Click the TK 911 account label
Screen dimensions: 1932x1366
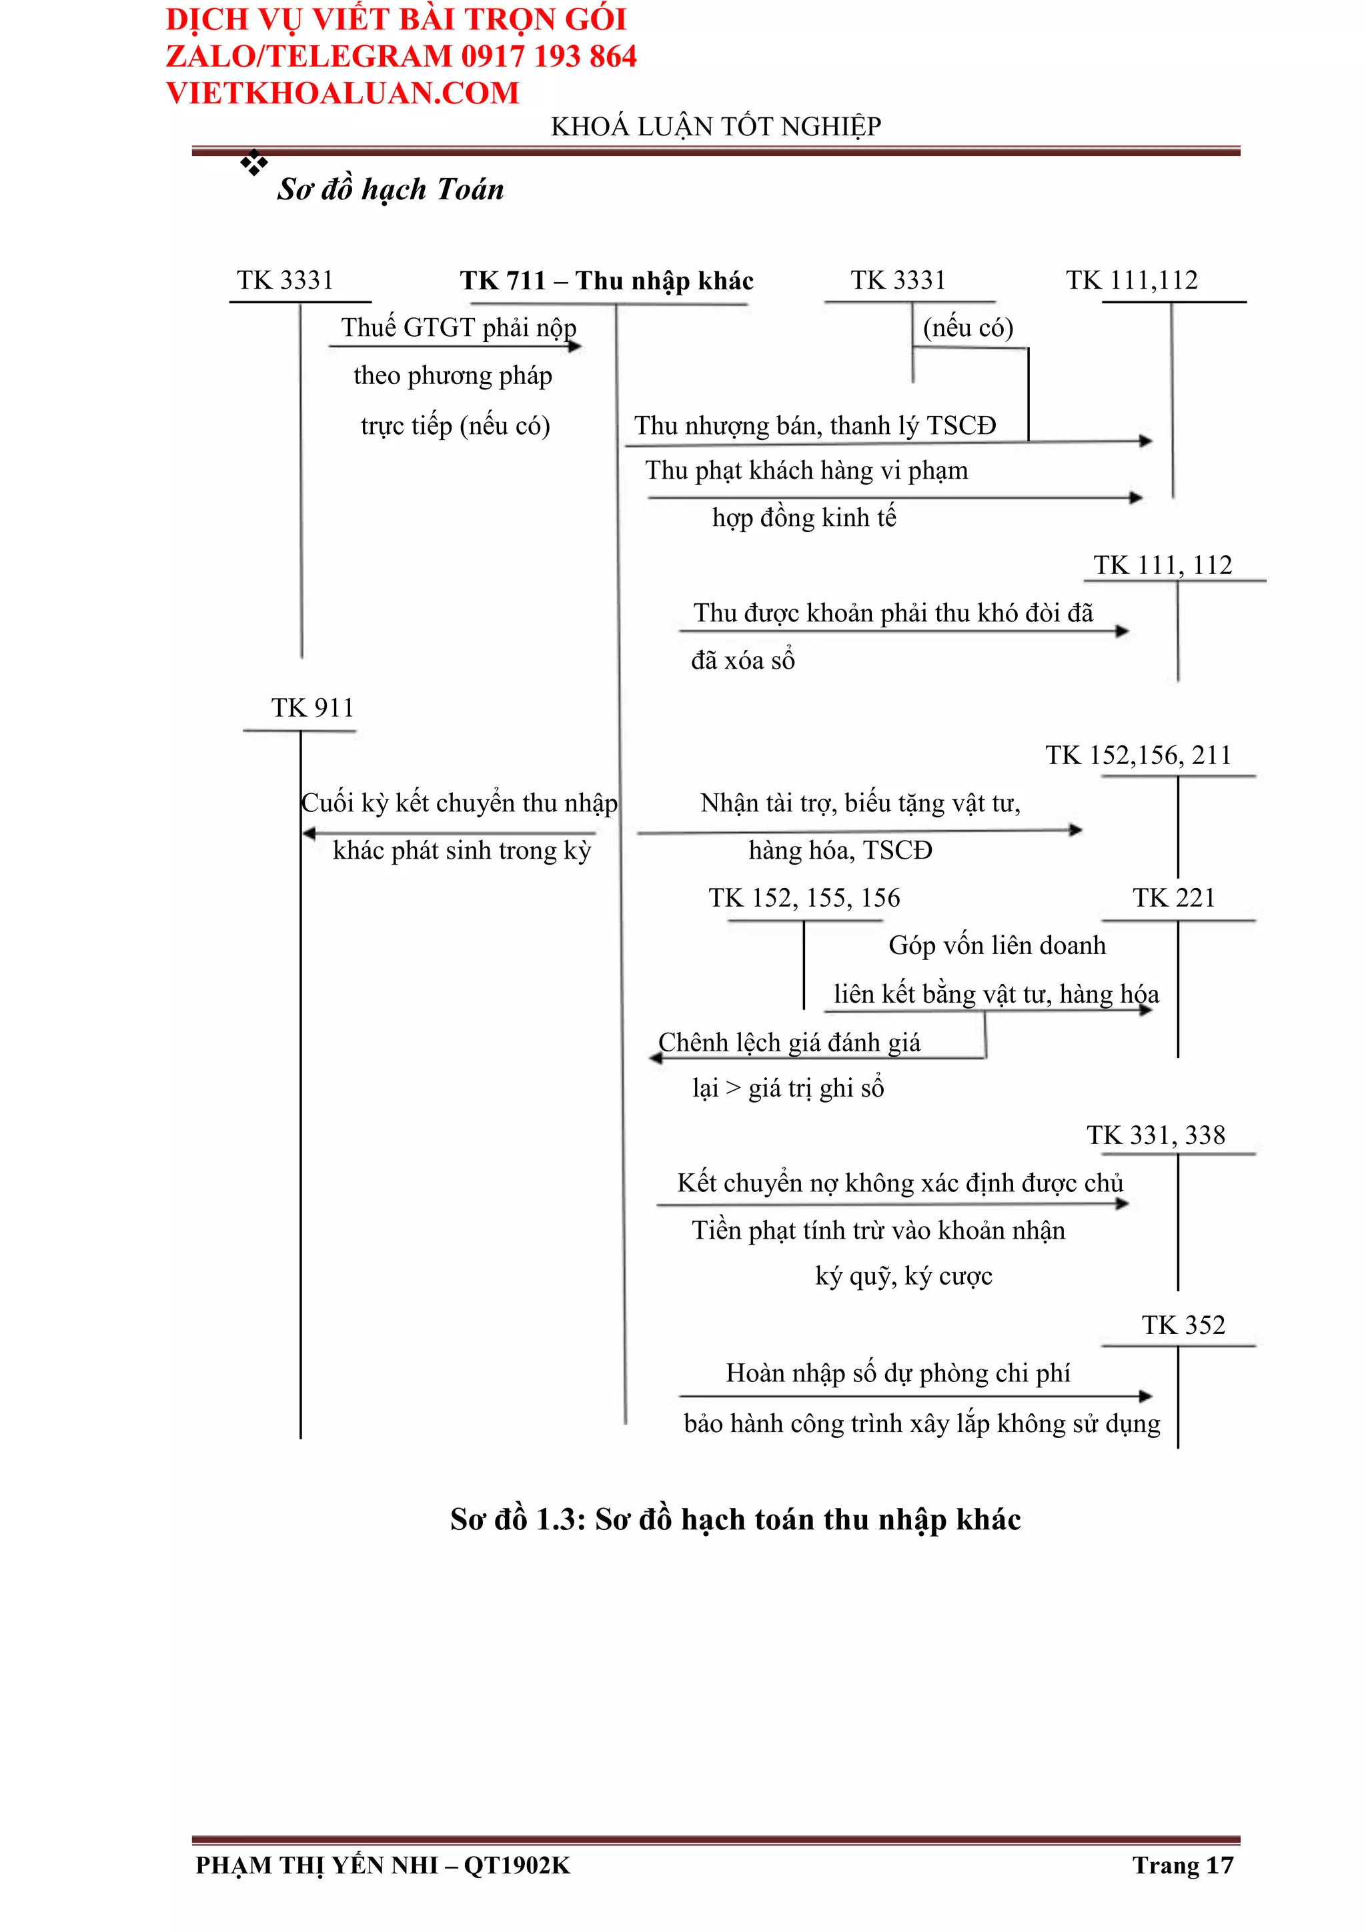coord(312,708)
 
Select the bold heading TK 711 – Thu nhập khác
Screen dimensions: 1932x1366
coord(606,280)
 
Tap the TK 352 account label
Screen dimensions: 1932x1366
coord(1183,1325)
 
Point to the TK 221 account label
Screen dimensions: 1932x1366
coord(1173,898)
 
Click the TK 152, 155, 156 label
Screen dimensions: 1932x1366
coord(804,898)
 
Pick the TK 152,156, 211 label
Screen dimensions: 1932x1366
coord(1138,755)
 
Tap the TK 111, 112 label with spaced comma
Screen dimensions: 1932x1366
coord(1163,565)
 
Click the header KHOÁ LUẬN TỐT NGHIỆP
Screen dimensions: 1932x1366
coord(716,126)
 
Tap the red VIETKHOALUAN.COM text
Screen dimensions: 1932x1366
coord(343,93)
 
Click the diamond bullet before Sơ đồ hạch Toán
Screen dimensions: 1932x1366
coord(253,163)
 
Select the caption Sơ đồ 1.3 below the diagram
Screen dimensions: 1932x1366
coord(735,1520)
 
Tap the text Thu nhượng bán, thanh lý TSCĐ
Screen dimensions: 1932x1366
coord(814,426)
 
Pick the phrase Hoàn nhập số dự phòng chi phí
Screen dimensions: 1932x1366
coord(897,1373)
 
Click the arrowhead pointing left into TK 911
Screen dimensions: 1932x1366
coord(309,833)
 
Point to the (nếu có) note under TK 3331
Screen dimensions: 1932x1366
coord(968,327)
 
